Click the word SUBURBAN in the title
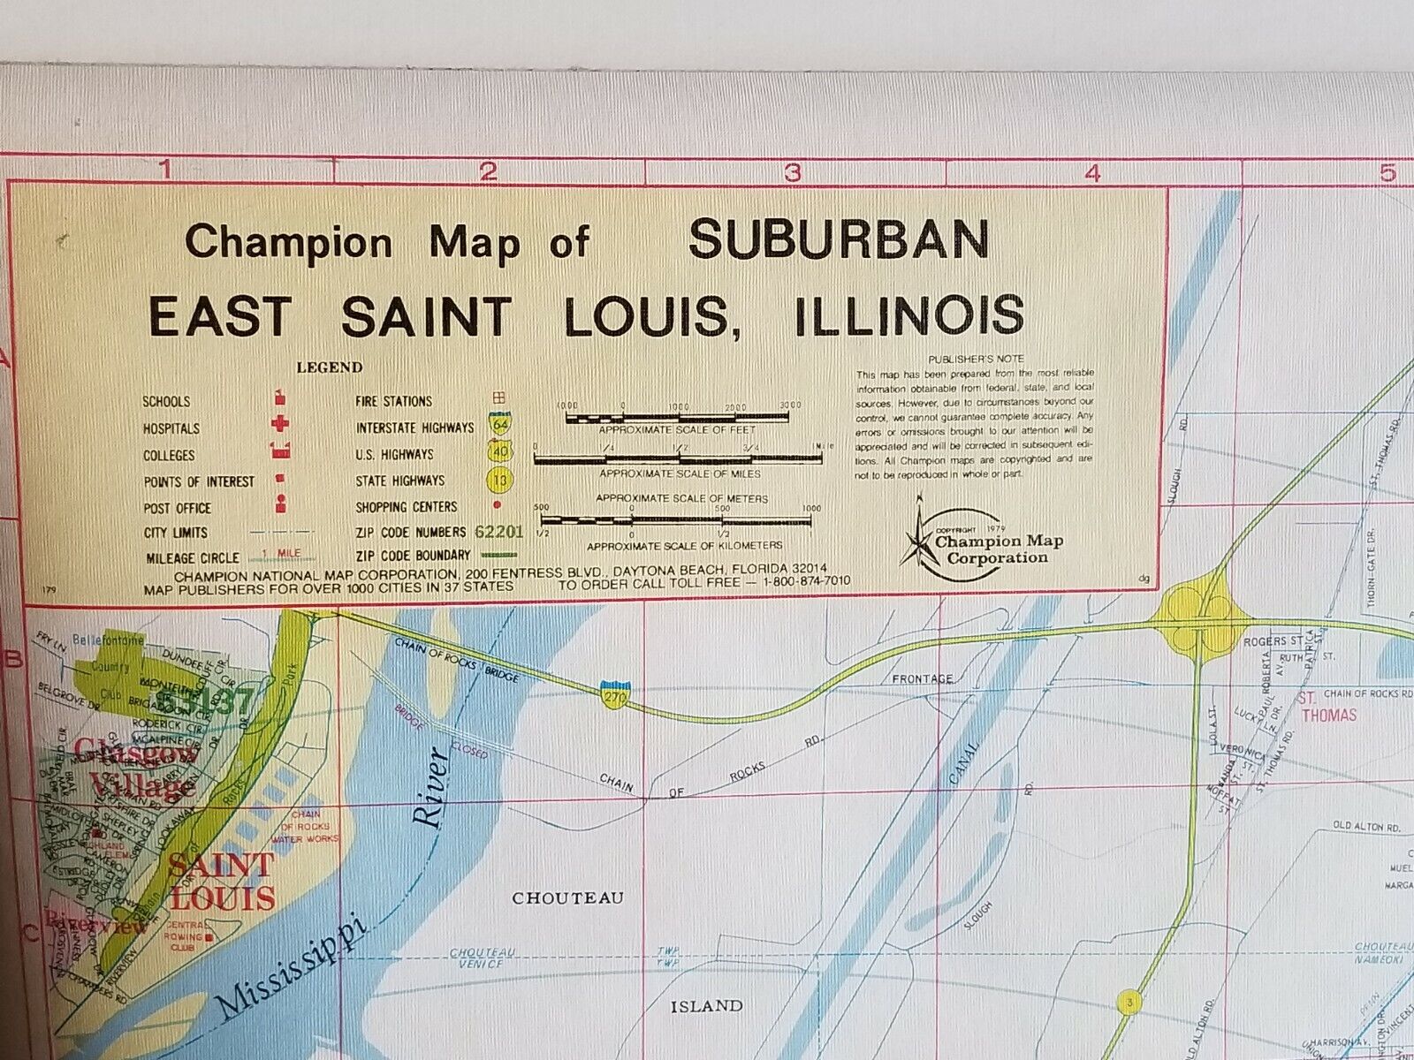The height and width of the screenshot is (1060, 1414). tap(838, 240)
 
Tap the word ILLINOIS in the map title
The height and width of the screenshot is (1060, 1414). tap(909, 316)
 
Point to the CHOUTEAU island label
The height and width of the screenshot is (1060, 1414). tap(568, 898)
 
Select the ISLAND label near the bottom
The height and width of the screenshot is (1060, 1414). tap(706, 1006)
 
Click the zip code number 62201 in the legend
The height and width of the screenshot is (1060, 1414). tap(498, 533)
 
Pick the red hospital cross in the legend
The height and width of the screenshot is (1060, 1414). tap(280, 427)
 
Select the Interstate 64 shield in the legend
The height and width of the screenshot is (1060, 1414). tap(501, 424)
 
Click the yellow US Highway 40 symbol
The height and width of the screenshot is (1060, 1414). tap(500, 452)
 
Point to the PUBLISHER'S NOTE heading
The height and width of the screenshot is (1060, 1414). tap(976, 360)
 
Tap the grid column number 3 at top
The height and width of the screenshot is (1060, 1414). tap(793, 172)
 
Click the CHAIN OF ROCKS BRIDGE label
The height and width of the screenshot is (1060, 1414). tap(456, 659)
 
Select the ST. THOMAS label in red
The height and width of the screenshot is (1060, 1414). tap(1327, 707)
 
